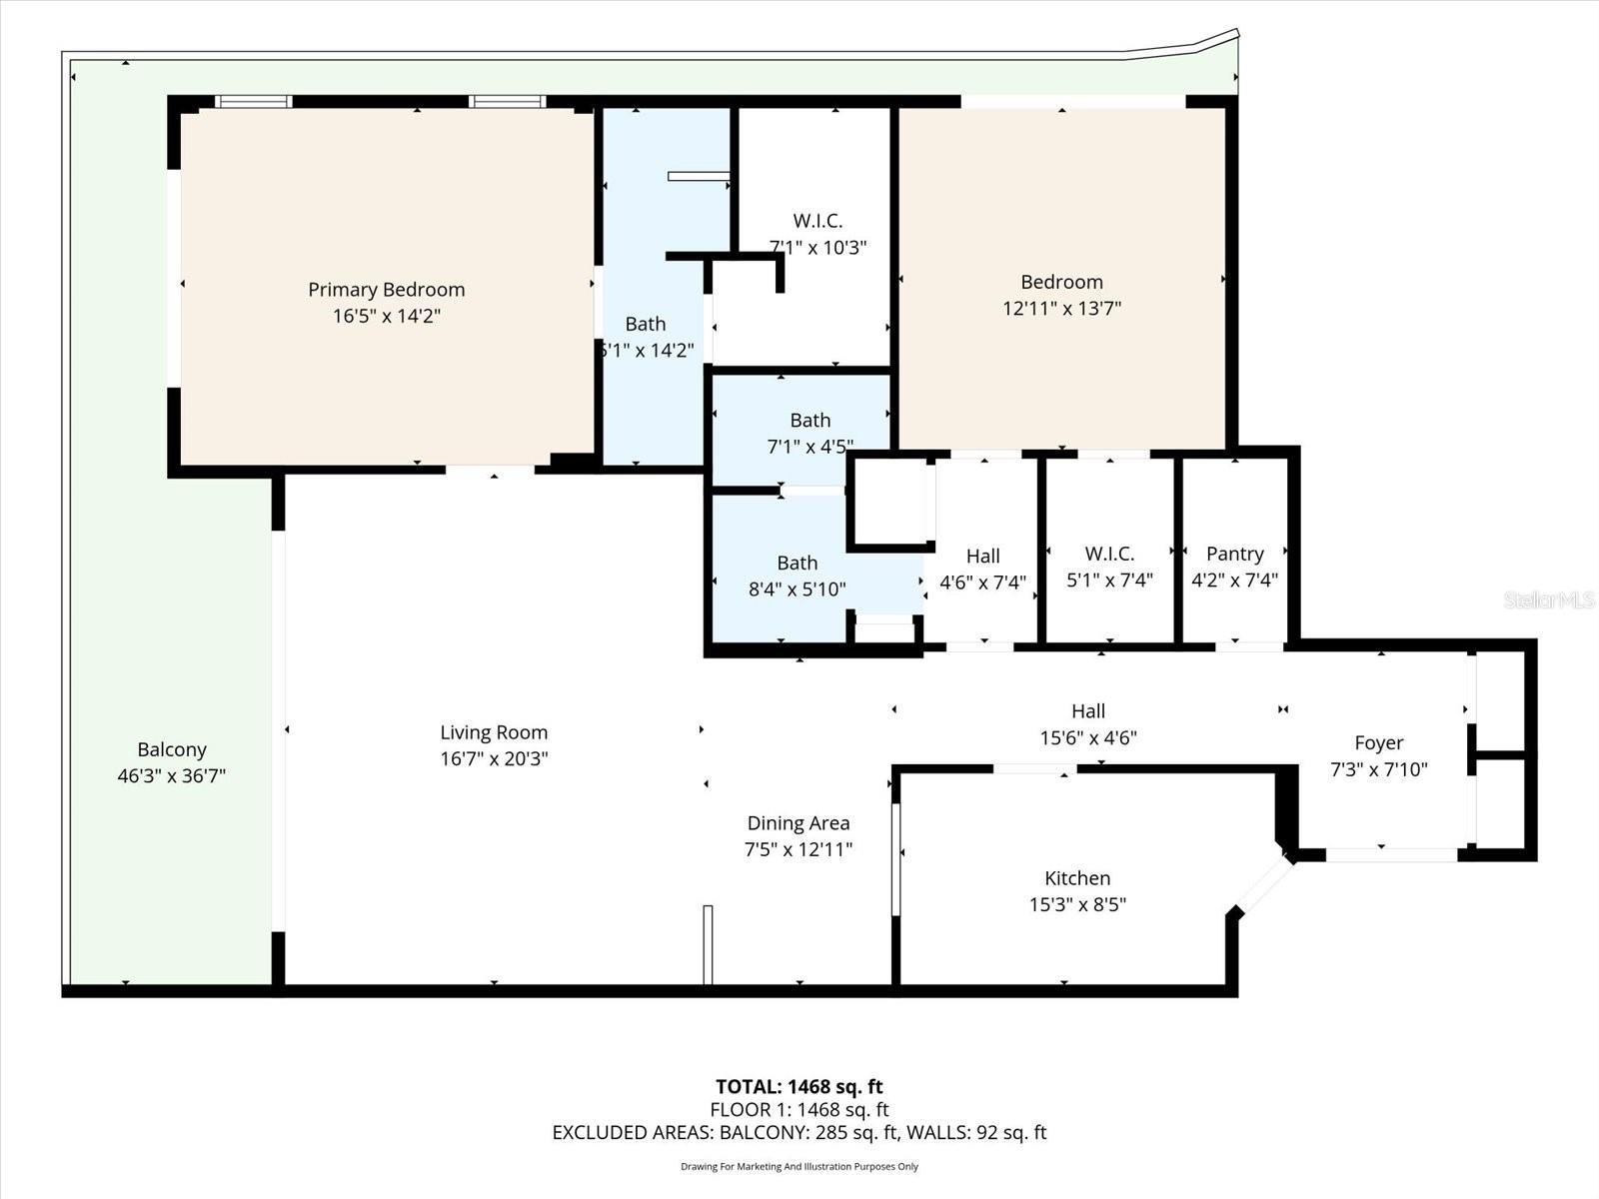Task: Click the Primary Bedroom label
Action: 386,290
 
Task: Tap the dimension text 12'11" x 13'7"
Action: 1061,309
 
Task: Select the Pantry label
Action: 1234,554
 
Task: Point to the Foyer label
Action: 1378,742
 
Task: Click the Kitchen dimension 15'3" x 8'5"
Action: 1077,904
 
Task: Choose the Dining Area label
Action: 798,823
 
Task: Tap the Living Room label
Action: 494,732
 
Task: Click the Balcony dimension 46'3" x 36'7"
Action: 171,776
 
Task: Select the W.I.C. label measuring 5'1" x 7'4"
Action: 1109,554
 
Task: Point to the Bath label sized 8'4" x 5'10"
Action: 797,564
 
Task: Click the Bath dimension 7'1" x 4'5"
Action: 809,447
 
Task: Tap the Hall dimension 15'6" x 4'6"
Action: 1087,738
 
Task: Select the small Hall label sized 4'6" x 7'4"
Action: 982,557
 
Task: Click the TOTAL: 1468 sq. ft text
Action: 799,1086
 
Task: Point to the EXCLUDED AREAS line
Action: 799,1133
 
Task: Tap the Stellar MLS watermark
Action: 1548,600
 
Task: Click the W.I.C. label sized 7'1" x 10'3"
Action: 817,221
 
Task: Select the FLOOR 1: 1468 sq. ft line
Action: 799,1109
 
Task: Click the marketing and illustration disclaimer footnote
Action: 799,1166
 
